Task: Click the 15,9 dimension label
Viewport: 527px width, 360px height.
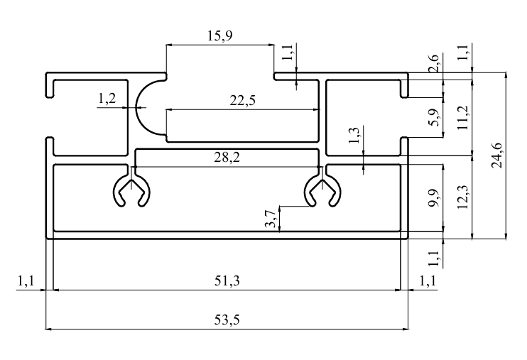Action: pyautogui.click(x=219, y=36)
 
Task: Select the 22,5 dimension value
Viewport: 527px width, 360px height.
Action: pyautogui.click(x=243, y=100)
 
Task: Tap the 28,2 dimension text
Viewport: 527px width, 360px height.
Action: pyautogui.click(x=227, y=157)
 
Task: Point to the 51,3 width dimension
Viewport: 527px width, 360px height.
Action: pyautogui.click(x=227, y=280)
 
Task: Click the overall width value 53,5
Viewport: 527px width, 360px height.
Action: pyautogui.click(x=227, y=320)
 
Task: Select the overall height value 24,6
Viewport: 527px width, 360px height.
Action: pyautogui.click(x=496, y=156)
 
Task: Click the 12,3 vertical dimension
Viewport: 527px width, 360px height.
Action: pyautogui.click(x=463, y=197)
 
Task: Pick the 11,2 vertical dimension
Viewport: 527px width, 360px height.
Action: pyautogui.click(x=463, y=118)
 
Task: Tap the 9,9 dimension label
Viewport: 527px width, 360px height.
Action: pyautogui.click(x=434, y=198)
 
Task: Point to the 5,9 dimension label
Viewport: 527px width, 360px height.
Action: pyautogui.click(x=434, y=117)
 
